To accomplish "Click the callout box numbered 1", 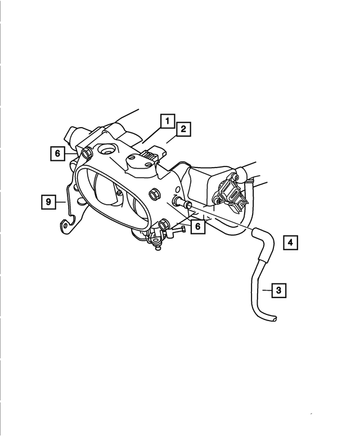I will point(166,121).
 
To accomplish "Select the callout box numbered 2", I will point(183,130).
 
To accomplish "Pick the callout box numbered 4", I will point(290,242).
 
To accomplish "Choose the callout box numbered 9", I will point(49,201).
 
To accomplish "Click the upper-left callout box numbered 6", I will point(57,153).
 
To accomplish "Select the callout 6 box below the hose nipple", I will point(197,226).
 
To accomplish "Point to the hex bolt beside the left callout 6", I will point(87,154).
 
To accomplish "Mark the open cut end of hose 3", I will point(274,318).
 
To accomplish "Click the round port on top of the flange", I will point(105,151).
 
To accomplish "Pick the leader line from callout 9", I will point(62,201).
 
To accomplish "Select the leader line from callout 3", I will point(266,291).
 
